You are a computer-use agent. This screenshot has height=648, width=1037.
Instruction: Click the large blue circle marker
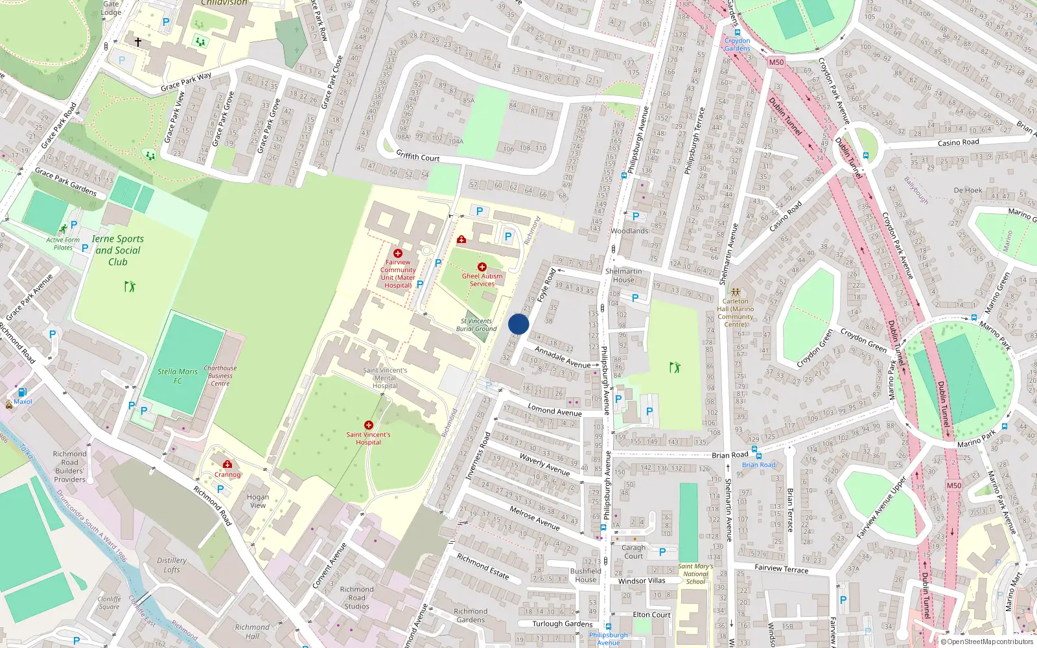pyautogui.click(x=518, y=324)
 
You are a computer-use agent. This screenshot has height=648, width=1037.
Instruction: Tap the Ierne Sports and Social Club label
pyautogui.click(x=117, y=250)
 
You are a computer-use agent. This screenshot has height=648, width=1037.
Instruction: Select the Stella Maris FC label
pyautogui.click(x=178, y=376)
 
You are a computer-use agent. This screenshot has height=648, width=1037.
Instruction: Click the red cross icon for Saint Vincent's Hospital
pyautogui.click(x=369, y=425)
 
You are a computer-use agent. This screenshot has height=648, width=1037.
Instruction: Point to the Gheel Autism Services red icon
pyautogui.click(x=482, y=267)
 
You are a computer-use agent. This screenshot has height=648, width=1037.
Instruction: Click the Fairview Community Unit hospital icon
pyautogui.click(x=398, y=253)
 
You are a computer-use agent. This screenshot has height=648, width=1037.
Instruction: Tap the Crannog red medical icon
pyautogui.click(x=227, y=465)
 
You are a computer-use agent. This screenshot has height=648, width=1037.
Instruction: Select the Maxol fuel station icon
pyautogui.click(x=22, y=392)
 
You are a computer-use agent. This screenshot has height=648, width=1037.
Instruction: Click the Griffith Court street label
pyautogui.click(x=418, y=156)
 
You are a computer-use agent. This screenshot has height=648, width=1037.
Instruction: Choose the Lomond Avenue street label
pyautogui.click(x=554, y=410)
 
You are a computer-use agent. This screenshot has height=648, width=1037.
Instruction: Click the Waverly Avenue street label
pyautogui.click(x=544, y=464)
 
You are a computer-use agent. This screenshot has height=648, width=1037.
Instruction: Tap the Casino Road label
pyautogui.click(x=958, y=143)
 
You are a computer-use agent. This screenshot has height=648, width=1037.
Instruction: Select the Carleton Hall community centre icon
pyautogui.click(x=736, y=292)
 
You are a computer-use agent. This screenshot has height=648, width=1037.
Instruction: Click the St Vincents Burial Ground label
pyautogui.click(x=476, y=325)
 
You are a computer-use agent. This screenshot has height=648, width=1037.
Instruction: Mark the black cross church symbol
pyautogui.click(x=138, y=41)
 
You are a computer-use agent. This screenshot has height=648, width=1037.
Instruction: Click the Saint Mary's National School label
pyautogui.click(x=695, y=573)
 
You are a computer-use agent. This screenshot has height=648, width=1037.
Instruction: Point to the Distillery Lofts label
pyautogui.click(x=172, y=565)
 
